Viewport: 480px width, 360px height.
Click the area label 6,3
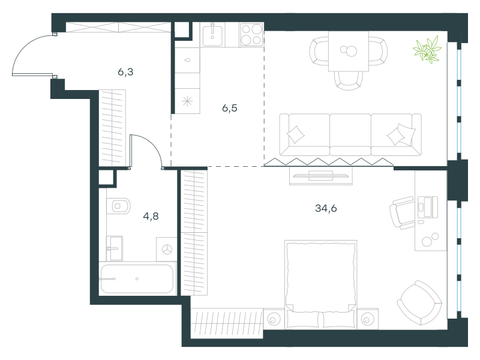125,72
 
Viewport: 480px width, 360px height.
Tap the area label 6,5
230,108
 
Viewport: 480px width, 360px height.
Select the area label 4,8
151,217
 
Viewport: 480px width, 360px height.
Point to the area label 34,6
326,208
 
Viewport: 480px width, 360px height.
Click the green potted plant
427,50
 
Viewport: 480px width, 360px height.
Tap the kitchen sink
213,35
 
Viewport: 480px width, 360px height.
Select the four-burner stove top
251,35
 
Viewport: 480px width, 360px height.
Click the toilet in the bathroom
118,206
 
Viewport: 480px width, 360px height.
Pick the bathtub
137,278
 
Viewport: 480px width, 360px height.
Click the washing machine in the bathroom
167,249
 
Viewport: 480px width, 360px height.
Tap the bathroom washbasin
114,248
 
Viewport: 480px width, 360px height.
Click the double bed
321,284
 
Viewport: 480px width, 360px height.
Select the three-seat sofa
350,134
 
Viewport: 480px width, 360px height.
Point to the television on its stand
321,176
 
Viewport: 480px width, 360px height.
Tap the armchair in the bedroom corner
419,303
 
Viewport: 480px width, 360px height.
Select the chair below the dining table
349,80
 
